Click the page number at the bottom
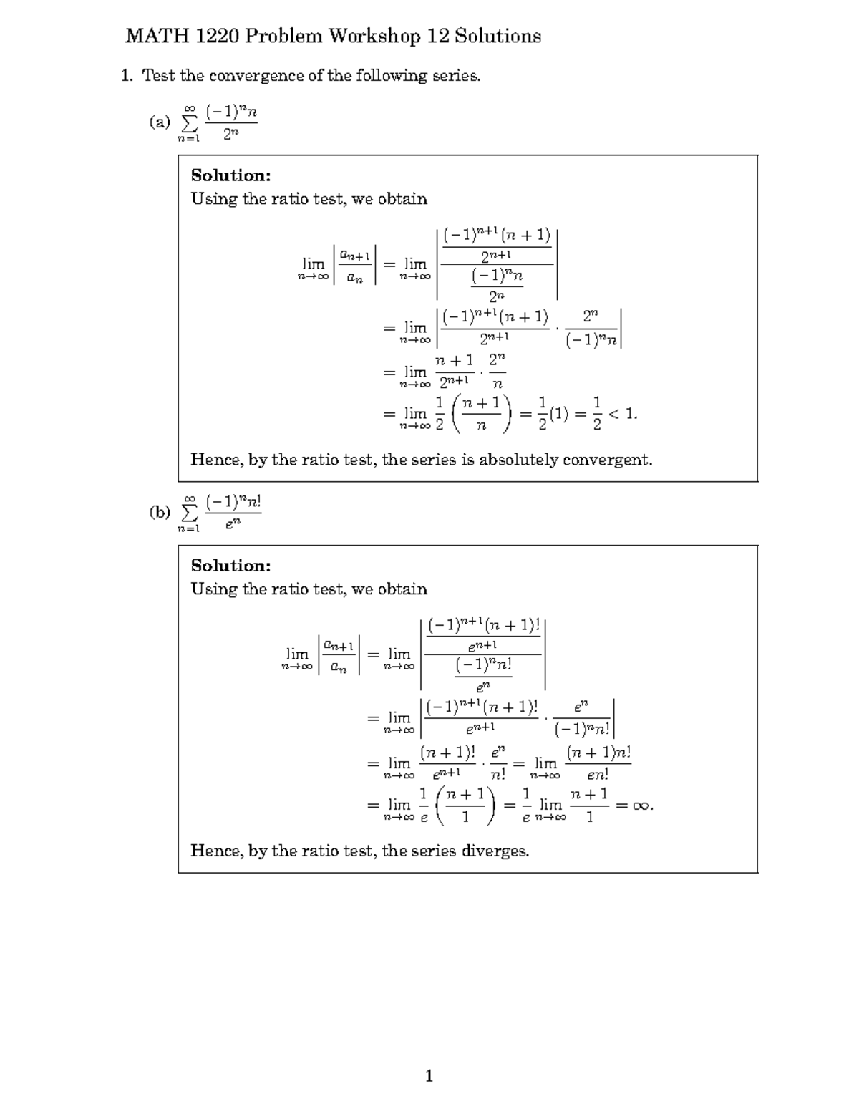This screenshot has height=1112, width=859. tap(429, 1075)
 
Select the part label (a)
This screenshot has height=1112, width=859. tap(160, 122)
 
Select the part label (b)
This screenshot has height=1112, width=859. tap(160, 512)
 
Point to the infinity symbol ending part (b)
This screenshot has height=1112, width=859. tap(641, 806)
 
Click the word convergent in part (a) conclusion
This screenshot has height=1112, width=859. tap(607, 460)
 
